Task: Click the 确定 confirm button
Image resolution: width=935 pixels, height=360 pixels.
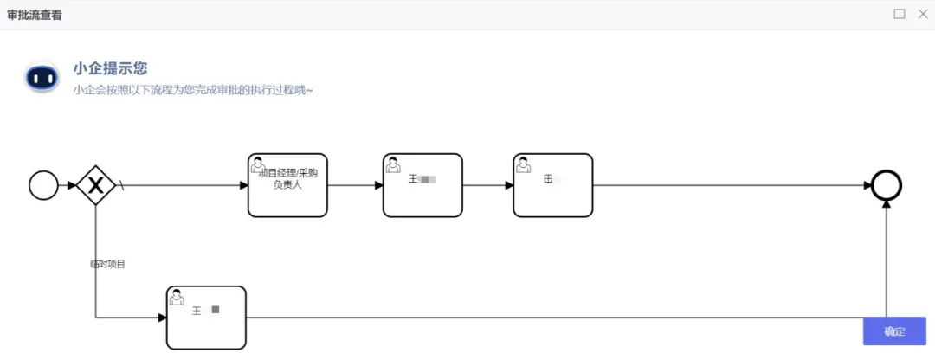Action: [x=894, y=331]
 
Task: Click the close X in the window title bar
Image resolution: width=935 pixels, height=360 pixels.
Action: [x=922, y=14]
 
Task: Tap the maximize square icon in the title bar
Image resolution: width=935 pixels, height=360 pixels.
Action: [x=900, y=14]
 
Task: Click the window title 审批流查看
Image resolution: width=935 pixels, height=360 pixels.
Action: [x=35, y=15]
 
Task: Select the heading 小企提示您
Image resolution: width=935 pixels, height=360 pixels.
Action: [x=111, y=69]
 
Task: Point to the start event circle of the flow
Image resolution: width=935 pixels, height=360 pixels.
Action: [x=43, y=185]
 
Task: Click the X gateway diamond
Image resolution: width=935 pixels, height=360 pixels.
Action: [x=96, y=185]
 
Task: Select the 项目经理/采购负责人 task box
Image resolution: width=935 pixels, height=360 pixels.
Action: [x=287, y=185]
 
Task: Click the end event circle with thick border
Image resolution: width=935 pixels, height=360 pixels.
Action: [x=887, y=185]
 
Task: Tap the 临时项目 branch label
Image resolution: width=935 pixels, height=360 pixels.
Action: [x=108, y=264]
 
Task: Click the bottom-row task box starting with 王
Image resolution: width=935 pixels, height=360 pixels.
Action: [x=206, y=318]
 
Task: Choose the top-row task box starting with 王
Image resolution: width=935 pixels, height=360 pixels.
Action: [x=422, y=185]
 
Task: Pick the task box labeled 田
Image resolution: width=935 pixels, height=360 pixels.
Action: [x=553, y=185]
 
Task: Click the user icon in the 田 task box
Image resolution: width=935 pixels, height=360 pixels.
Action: [x=523, y=164]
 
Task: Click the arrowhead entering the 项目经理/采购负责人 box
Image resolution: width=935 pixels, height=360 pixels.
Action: [x=243, y=185]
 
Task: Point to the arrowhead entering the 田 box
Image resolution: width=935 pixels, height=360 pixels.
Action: [x=509, y=185]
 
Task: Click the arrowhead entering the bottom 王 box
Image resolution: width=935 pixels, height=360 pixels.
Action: [x=162, y=318]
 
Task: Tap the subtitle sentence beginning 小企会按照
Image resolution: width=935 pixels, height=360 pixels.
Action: [x=193, y=90]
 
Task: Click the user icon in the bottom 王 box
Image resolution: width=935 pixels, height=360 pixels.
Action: [x=177, y=296]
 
